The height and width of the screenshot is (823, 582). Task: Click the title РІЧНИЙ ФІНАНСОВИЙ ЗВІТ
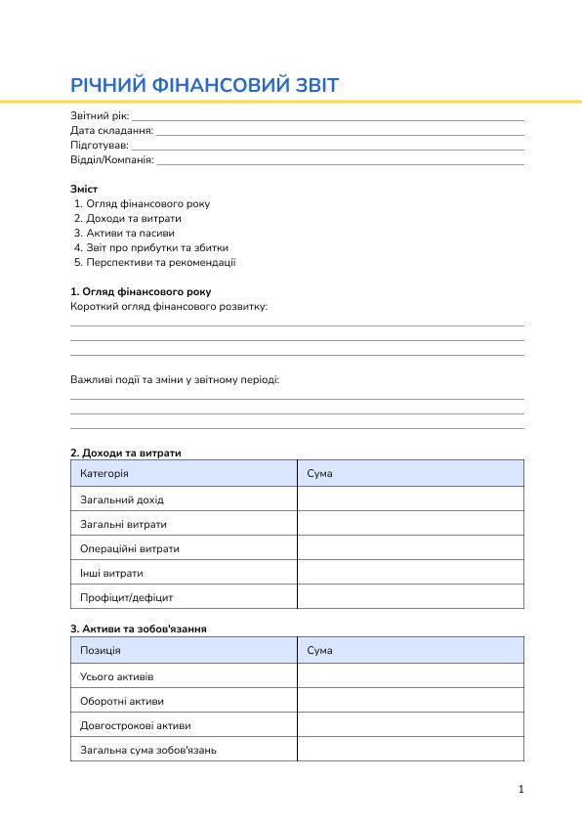point(204,85)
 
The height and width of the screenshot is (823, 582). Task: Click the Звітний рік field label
point(99,116)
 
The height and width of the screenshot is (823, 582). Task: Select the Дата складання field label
point(111,130)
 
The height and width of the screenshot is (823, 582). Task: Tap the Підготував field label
point(99,145)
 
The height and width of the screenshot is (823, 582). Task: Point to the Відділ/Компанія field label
point(111,159)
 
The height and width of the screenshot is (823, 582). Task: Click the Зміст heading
point(84,189)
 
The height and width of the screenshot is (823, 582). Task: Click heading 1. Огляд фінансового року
point(140,291)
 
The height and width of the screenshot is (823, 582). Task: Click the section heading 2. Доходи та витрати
point(125,453)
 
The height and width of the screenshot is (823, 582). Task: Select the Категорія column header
point(104,473)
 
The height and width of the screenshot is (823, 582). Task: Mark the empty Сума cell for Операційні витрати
point(410,547)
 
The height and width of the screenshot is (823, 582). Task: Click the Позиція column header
point(101,650)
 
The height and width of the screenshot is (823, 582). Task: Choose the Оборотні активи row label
point(122,701)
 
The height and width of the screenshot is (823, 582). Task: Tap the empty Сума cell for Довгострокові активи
point(410,725)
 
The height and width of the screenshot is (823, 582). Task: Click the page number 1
point(521,789)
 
